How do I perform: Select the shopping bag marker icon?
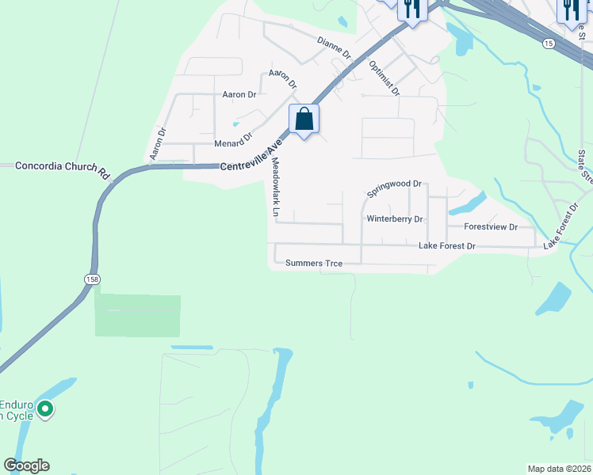tap(304, 120)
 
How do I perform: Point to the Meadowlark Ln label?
tap(276, 188)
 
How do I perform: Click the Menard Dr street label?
tap(233, 144)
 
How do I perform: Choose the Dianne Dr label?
tap(333, 47)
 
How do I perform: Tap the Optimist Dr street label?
tap(384, 78)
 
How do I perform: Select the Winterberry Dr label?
tap(394, 218)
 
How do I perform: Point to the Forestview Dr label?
tap(490, 226)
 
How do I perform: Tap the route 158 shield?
tap(93, 279)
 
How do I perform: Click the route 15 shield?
tap(549, 43)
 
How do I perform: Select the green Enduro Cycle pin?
tap(45, 409)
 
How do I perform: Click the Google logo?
tap(26, 465)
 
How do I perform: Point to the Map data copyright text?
tap(558, 468)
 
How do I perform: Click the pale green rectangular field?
tap(138, 316)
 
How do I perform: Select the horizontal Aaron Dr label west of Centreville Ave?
tap(239, 94)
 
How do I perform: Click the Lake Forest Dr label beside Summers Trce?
tap(446, 246)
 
